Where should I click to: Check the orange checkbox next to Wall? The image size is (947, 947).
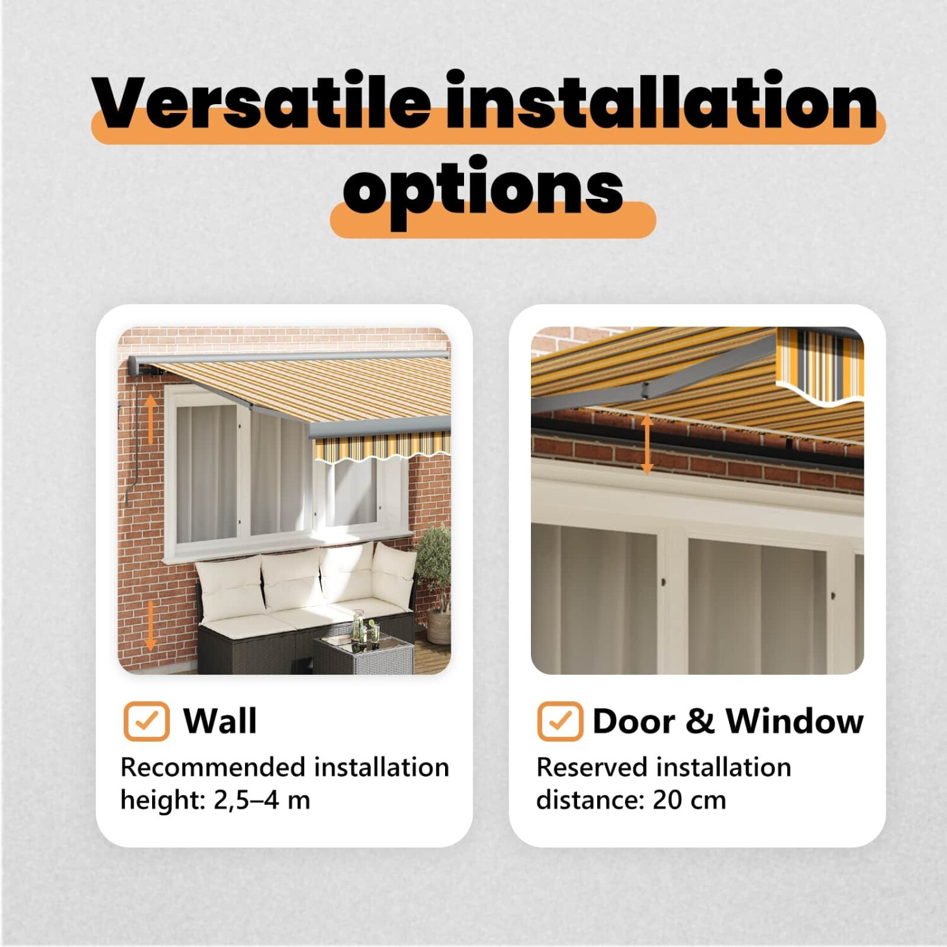(146, 721)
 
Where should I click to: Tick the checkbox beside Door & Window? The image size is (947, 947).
(560, 721)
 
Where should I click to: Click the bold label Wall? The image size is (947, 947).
(220, 721)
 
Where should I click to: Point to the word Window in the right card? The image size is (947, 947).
(795, 721)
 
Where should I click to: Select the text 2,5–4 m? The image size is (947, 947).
(262, 801)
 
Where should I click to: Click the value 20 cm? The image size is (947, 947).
(689, 801)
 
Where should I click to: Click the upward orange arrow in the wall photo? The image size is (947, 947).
(150, 418)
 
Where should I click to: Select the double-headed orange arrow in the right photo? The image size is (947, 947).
(646, 444)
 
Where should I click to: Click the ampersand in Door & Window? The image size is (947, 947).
(700, 721)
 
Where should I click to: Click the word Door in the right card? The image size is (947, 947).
(634, 721)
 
